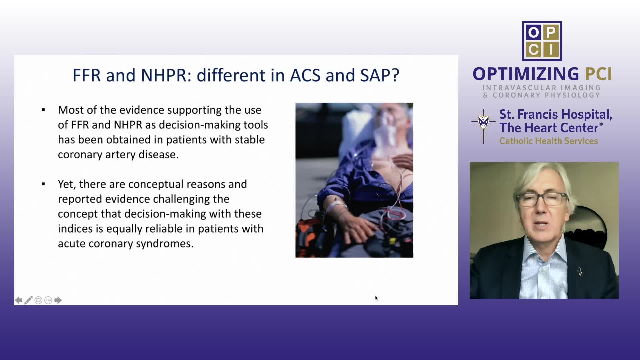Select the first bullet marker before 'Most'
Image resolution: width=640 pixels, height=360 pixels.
pyautogui.click(x=43, y=110)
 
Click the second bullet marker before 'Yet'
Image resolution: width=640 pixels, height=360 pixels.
pyautogui.click(x=43, y=184)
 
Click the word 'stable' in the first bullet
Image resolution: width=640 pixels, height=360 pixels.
pyautogui.click(x=250, y=139)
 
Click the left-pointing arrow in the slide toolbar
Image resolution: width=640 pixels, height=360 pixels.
pyautogui.click(x=19, y=300)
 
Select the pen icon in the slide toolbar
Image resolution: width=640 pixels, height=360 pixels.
pyautogui.click(x=28, y=300)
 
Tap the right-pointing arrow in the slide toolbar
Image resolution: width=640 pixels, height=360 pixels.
pyautogui.click(x=58, y=300)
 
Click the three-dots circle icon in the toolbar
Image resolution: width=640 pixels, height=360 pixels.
pyautogui.click(x=48, y=300)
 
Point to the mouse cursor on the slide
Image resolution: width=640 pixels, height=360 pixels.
pyautogui.click(x=376, y=298)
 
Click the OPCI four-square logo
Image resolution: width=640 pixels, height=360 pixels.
pyautogui.click(x=542, y=41)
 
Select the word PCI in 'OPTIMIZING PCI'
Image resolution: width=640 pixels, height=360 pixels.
pyautogui.click(x=598, y=74)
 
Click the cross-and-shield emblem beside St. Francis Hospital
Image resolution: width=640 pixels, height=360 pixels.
pyautogui.click(x=484, y=126)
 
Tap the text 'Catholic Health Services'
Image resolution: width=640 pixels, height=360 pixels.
pyautogui.click(x=549, y=141)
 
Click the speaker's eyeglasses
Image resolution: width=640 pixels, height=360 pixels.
pyautogui.click(x=542, y=199)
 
